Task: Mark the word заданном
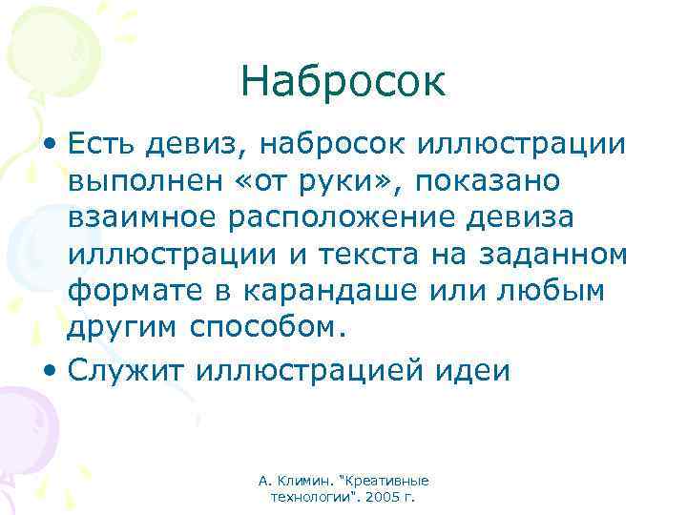[x=557, y=255]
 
